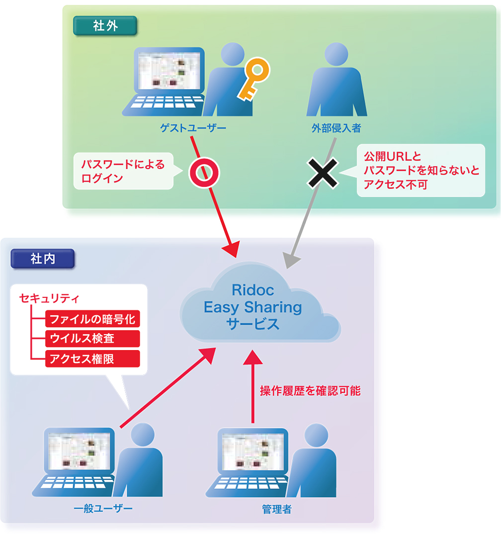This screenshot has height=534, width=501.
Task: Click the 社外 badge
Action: [x=105, y=26]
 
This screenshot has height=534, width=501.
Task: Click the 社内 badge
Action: [x=43, y=259]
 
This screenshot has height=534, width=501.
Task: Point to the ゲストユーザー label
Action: [x=193, y=129]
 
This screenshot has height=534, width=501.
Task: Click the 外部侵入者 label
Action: [x=336, y=129]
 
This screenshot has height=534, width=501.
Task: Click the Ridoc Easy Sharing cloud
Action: [x=253, y=307]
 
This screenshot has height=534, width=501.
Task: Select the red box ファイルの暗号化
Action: [x=92, y=319]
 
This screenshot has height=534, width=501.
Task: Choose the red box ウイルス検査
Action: [x=92, y=339]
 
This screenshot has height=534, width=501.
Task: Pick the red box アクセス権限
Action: [x=92, y=358]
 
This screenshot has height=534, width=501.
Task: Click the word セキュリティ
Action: [x=49, y=298]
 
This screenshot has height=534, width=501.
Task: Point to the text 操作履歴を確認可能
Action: [x=310, y=391]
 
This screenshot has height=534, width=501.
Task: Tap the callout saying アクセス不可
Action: [x=420, y=171]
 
